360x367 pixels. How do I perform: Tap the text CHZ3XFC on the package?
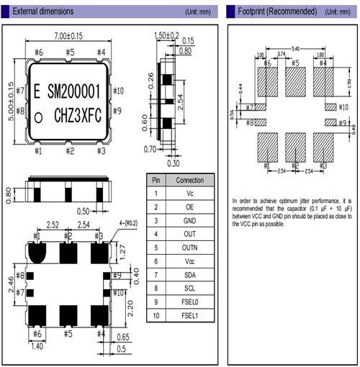tap(81, 114)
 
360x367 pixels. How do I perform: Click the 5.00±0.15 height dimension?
tap(10, 102)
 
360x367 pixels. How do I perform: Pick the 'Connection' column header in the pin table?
tap(189, 180)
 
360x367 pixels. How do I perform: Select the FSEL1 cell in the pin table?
tap(189, 315)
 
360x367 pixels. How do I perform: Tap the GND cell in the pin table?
tap(189, 221)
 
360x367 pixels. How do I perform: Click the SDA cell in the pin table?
tap(189, 275)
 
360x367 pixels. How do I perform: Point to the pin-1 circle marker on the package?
tap(41, 115)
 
